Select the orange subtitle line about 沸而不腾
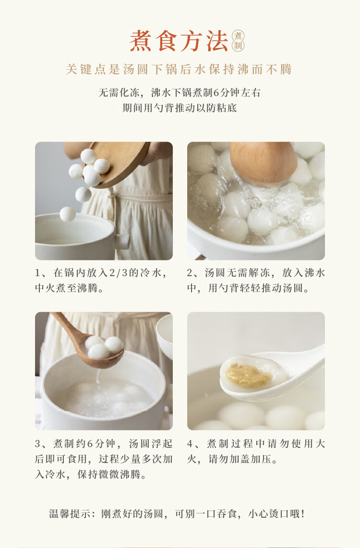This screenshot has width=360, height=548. point(179,70)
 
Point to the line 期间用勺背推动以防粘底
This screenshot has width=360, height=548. point(179,108)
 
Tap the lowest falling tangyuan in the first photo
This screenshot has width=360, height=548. point(68,214)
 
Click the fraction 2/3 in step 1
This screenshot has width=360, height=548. point(119,273)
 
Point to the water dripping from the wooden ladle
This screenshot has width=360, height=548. point(98,377)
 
